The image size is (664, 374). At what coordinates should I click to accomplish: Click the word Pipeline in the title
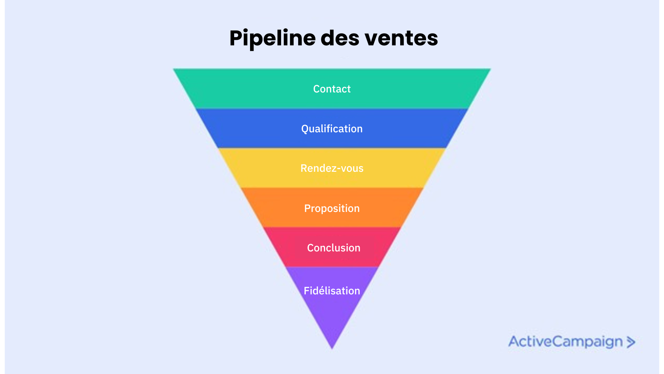(272, 38)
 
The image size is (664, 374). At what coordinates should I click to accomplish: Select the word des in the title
(340, 38)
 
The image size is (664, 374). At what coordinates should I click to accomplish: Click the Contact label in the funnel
(332, 89)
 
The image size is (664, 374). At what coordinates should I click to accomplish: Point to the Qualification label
(332, 129)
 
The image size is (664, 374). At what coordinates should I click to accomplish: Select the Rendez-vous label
(332, 168)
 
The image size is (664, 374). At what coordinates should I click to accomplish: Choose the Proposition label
(332, 208)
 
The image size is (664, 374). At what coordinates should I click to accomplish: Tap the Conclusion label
(333, 248)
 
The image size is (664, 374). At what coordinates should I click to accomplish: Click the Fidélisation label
(332, 291)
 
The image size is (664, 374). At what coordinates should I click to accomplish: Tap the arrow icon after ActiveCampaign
(631, 342)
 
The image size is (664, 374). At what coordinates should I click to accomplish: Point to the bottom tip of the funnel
(332, 348)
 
